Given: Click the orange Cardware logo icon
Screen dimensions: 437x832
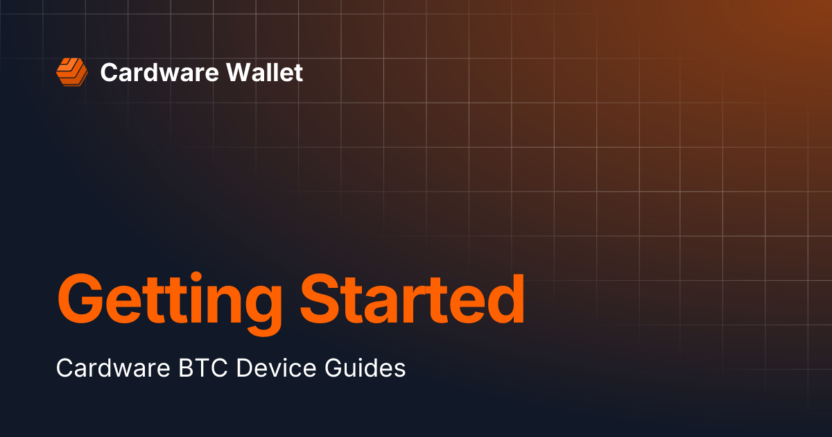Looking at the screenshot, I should (72, 72).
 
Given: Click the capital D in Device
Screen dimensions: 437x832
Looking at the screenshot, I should (244, 368).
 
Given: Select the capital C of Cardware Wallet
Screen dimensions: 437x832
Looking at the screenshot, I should (108, 72).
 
